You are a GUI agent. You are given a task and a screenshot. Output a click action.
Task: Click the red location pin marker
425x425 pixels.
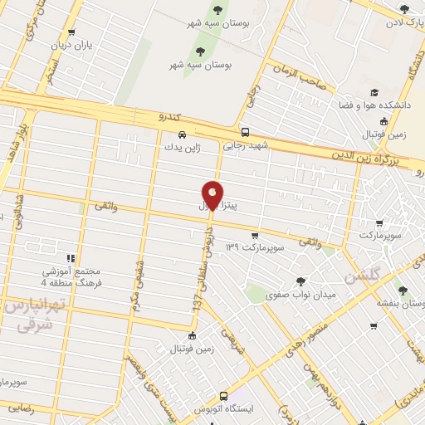pyautogui.click(x=213, y=194)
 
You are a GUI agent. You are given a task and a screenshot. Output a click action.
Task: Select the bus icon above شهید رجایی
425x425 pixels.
pyautogui.click(x=244, y=131)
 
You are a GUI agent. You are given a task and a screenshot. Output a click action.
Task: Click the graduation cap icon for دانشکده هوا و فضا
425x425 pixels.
pyautogui.click(x=374, y=93)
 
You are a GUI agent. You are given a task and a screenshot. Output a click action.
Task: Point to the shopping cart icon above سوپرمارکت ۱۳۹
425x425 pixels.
pyautogui.click(x=266, y=235)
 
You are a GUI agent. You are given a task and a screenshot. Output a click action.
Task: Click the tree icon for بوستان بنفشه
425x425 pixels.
pyautogui.click(x=403, y=291)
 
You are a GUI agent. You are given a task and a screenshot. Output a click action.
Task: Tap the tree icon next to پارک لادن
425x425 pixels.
pyautogui.click(x=404, y=10)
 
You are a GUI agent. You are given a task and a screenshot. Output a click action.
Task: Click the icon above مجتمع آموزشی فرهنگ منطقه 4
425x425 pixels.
pyautogui.click(x=71, y=258)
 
